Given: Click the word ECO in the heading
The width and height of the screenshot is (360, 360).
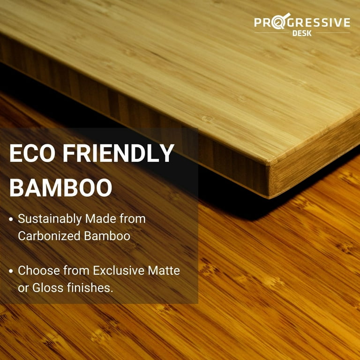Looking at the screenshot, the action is pos(32,153).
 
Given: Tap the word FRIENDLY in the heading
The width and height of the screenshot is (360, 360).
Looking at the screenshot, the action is pos(118,153).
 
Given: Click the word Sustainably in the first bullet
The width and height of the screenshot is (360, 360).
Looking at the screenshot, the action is pos(50,219).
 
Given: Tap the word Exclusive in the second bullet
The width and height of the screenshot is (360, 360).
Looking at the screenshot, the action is pos(119,270).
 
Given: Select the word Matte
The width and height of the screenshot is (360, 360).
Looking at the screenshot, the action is pos(164,270).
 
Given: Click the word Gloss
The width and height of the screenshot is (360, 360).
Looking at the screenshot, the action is pos(48,288).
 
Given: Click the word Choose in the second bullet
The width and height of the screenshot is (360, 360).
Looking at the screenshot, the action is pos(39,270).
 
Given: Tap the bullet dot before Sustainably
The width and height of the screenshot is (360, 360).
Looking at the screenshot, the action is pos(11,219).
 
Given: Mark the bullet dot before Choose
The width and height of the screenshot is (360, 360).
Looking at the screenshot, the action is pos(11,271).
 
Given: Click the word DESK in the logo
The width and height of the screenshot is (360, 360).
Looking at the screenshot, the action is pos(302,34).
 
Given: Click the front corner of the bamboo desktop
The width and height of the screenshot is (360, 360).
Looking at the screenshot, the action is pos(269,164).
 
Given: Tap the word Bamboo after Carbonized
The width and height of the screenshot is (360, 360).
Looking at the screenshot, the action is pos(107,236).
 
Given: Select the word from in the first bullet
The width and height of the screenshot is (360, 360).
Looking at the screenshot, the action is pos(133,218).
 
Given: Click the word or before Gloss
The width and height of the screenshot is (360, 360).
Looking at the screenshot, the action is pos(23,289).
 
